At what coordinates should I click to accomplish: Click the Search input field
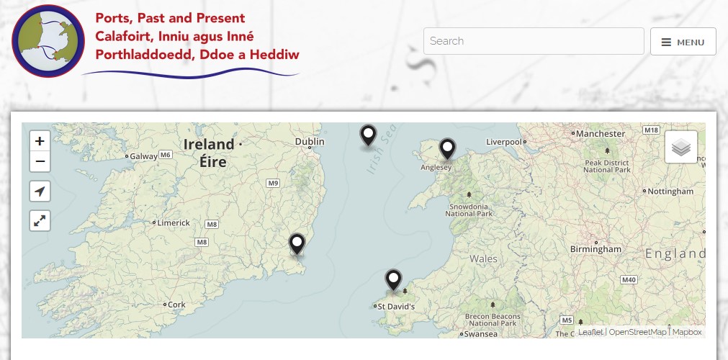[533, 41]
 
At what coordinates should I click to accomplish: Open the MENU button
[683, 42]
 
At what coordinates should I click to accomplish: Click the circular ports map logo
[48, 41]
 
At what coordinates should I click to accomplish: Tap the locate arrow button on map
[40, 192]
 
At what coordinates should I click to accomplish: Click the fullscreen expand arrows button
[40, 221]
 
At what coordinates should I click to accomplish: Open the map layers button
[680, 148]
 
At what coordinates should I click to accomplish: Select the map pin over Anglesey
[448, 148]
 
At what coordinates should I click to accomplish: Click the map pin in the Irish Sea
[368, 135]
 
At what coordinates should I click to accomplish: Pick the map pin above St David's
[393, 279]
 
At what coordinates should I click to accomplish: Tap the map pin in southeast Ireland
[297, 244]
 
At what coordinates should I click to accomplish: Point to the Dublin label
[310, 142]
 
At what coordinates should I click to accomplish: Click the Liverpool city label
[503, 142]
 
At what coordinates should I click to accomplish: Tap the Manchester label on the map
[601, 134]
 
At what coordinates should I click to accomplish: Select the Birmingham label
[596, 249]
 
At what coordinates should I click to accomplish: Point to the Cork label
[176, 305]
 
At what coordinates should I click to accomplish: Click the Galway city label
[143, 156]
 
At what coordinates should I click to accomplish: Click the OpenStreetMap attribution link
[638, 332]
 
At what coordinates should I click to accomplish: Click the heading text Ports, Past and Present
[170, 18]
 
